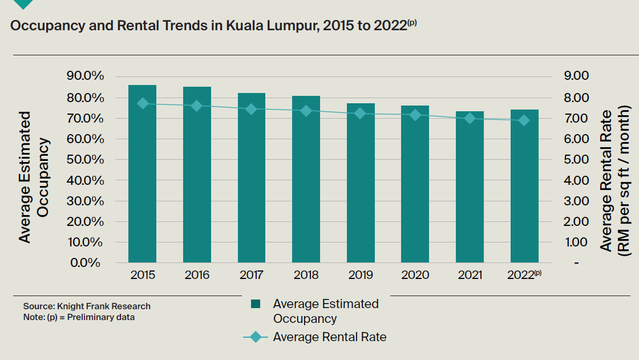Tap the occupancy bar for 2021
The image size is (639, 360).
[470, 188]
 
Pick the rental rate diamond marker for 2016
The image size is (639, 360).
[197, 106]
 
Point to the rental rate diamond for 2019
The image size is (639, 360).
[361, 114]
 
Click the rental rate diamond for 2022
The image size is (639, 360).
[524, 120]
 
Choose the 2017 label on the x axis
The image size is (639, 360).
[252, 275]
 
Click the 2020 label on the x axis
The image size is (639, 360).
[415, 275]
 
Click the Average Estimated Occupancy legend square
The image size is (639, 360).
[256, 304]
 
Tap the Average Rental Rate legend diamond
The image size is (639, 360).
[256, 337]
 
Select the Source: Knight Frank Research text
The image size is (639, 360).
[87, 306]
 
